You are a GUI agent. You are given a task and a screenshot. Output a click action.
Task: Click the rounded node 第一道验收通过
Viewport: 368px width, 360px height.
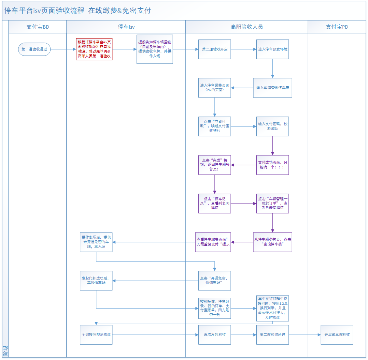point(34,49)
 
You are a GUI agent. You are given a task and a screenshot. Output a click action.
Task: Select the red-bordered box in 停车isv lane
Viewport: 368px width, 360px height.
point(94,49)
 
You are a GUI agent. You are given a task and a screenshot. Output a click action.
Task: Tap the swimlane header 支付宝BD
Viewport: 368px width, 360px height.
point(38,27)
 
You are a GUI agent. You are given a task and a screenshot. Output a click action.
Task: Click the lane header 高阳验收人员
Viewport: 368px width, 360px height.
point(246,27)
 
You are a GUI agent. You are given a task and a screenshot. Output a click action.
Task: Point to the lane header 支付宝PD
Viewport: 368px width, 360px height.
point(337,27)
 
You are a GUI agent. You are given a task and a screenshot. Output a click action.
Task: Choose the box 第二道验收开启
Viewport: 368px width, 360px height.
point(214,49)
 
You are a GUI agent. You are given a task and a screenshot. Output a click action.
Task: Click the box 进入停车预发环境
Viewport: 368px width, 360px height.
point(272,49)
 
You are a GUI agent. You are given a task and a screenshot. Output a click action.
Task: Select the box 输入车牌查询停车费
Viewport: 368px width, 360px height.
point(272,88)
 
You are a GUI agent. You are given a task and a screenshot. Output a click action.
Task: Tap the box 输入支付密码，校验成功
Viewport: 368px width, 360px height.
point(272,126)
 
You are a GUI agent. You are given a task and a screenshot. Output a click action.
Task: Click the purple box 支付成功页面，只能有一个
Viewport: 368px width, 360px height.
point(272,165)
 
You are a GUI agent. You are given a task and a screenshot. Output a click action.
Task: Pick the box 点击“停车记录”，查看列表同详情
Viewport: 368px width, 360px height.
point(214,204)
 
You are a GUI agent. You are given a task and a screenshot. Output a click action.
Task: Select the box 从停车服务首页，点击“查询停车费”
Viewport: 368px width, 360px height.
point(272,242)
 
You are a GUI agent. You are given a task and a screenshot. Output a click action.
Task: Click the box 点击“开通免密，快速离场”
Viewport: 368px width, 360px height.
point(214,281)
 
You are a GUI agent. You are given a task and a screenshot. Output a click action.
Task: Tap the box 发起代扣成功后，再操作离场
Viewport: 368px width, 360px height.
point(96,281)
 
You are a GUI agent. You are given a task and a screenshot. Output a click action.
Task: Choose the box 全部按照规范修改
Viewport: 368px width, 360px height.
point(96,334)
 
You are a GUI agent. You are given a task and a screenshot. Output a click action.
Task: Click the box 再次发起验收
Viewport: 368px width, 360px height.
point(214,334)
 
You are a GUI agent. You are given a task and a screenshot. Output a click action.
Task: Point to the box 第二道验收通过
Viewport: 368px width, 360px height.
point(272,334)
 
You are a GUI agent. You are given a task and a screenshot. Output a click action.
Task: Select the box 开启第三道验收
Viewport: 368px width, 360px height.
point(337,334)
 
